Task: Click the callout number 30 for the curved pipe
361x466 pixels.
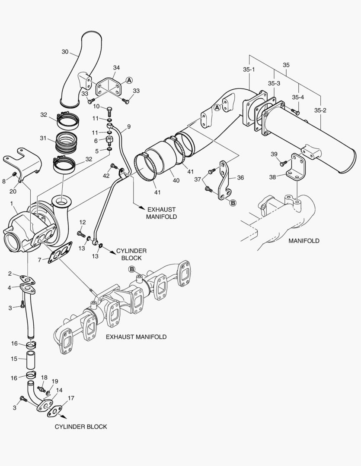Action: (65, 52)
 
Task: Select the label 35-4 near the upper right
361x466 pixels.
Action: (298, 97)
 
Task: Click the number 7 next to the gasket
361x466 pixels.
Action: (39, 260)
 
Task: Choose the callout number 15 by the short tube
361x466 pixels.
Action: (14, 359)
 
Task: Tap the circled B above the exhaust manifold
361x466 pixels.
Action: (132, 269)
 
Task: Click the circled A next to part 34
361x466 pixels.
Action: (129, 80)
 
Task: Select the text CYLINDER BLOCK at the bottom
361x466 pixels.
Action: (80, 426)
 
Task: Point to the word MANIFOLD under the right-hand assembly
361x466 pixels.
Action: (304, 241)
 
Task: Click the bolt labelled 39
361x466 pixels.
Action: (284, 163)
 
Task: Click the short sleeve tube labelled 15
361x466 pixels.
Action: (31, 359)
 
